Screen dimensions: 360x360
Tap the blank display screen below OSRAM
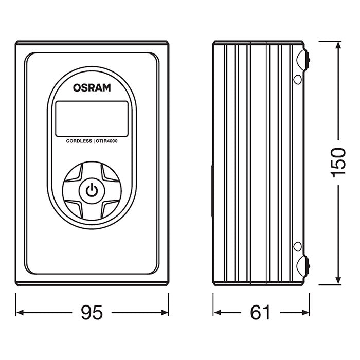click(92, 119)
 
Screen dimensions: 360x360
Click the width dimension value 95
click(92, 312)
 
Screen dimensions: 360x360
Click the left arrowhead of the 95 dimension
click(20, 312)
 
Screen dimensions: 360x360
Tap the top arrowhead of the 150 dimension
click(338, 46)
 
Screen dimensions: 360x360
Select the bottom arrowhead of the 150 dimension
click(338, 280)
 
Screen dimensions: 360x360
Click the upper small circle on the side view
click(298, 79)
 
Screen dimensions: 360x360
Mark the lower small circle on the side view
click(298, 246)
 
